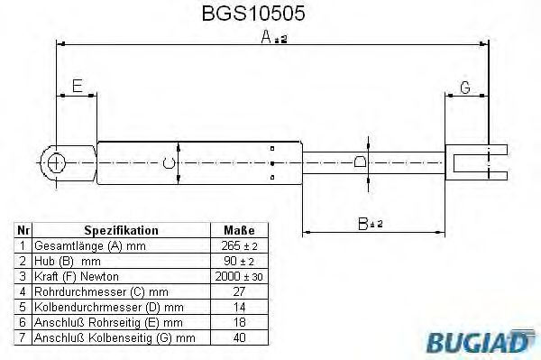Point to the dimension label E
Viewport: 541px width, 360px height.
pyautogui.click(x=78, y=87)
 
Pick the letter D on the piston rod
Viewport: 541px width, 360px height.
pyautogui.click(x=361, y=162)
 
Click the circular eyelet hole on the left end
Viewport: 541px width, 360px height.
pyautogui.click(x=56, y=162)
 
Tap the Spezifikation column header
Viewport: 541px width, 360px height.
pyautogui.click(x=121, y=230)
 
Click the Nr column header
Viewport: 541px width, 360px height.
pyautogui.click(x=24, y=230)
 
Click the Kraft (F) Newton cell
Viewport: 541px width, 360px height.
pyautogui.click(x=76, y=275)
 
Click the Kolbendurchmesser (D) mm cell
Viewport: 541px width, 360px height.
pyautogui.click(x=108, y=307)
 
